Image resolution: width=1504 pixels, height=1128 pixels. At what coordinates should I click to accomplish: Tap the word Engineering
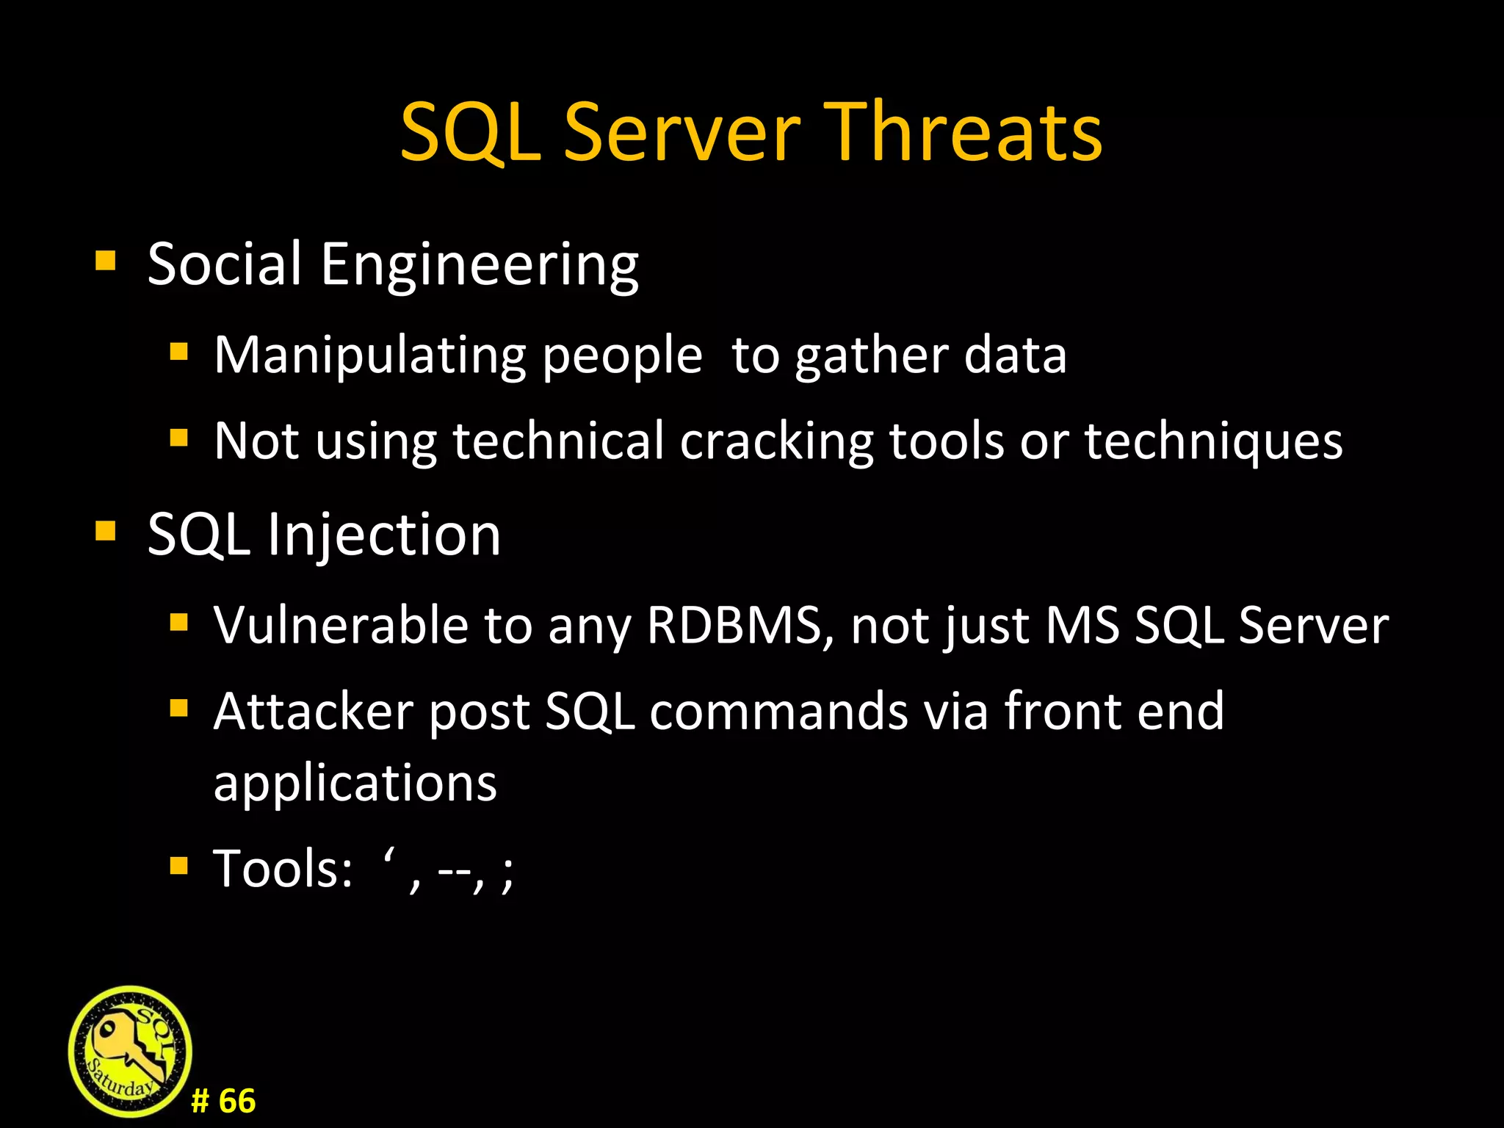pos(480,265)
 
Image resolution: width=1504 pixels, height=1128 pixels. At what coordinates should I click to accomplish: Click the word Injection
pos(383,535)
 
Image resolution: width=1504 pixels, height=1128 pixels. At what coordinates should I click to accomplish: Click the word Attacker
pos(313,711)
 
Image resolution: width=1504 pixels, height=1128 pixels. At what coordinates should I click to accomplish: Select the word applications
pos(355,783)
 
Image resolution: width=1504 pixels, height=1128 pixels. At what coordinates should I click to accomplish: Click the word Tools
pos(283,869)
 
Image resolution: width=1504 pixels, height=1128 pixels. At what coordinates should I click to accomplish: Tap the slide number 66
pos(236,1102)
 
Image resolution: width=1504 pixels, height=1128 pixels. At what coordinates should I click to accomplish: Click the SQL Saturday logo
pos(130,1052)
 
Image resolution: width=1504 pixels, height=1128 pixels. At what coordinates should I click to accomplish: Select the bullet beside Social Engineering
pos(106,261)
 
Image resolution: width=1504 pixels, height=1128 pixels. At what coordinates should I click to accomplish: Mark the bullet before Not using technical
pos(178,438)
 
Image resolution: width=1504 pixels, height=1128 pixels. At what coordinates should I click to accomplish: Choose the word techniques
pos(1213,441)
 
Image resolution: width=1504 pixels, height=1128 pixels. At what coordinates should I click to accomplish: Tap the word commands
pos(778,711)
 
